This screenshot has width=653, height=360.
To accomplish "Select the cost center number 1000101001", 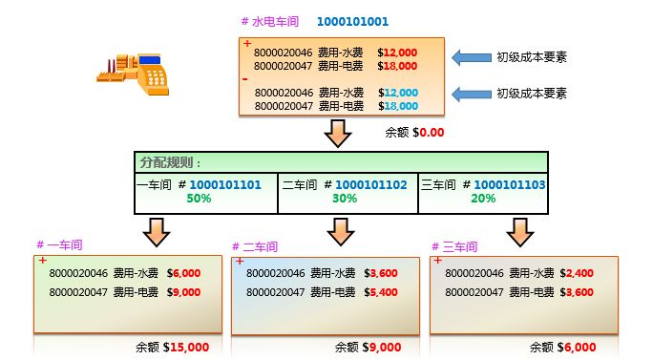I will point(352,20).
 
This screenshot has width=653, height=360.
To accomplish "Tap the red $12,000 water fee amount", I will point(397,54).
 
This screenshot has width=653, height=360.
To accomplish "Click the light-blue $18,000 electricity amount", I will point(397,105).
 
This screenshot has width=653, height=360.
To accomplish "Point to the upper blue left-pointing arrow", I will point(469,58).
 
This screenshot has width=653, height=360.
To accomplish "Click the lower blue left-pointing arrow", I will point(469,94).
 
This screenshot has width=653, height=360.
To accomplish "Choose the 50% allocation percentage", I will point(200,199).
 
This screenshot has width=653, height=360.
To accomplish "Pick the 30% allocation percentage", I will point(345,199).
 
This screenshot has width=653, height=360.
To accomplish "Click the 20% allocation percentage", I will point(483,199).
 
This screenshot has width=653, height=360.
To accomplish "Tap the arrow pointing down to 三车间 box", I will point(519,230).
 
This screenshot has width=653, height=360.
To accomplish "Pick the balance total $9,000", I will point(381,348).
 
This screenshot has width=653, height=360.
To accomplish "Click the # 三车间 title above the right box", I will point(456,246).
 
